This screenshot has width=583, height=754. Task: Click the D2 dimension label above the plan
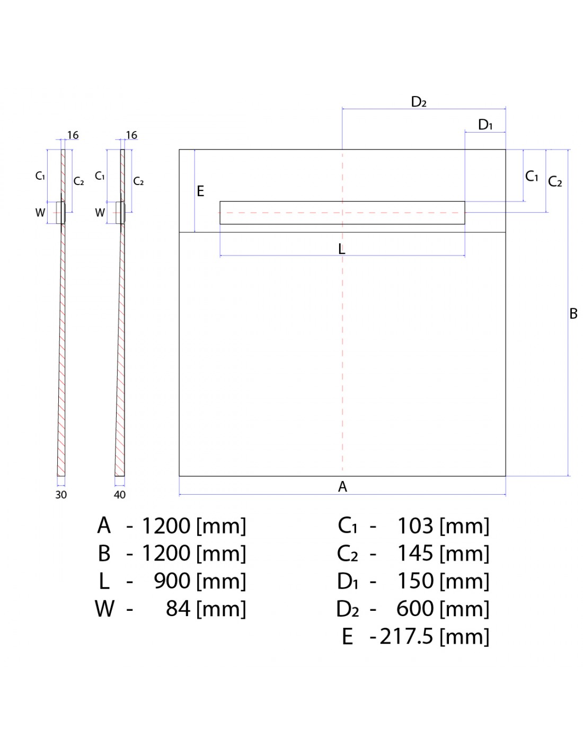(x=419, y=102)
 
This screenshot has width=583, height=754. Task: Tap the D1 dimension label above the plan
(x=485, y=125)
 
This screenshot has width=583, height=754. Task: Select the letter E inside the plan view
(x=200, y=191)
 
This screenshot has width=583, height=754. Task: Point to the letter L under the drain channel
(x=342, y=249)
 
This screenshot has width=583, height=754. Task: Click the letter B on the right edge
(x=573, y=314)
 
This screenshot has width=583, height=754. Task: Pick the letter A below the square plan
(x=342, y=487)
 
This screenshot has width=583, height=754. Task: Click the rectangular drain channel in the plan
(x=342, y=213)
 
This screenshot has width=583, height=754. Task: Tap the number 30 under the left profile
(x=61, y=495)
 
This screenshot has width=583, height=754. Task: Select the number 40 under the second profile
(x=120, y=495)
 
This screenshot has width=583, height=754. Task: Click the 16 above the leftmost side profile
(x=73, y=136)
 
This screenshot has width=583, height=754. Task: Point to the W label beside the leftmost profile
(x=40, y=213)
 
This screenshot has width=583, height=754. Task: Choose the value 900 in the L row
(x=172, y=581)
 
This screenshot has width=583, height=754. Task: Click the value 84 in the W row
(x=178, y=609)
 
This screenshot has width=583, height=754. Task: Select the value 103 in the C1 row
(x=415, y=526)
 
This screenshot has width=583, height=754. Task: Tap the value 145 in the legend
(x=415, y=554)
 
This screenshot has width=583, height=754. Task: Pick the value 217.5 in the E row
(x=407, y=636)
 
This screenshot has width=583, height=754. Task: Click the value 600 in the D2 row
(x=415, y=609)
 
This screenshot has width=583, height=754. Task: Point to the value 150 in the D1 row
(x=415, y=581)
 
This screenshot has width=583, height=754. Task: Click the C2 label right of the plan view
(x=555, y=182)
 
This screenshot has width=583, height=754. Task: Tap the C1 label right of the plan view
(x=532, y=177)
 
